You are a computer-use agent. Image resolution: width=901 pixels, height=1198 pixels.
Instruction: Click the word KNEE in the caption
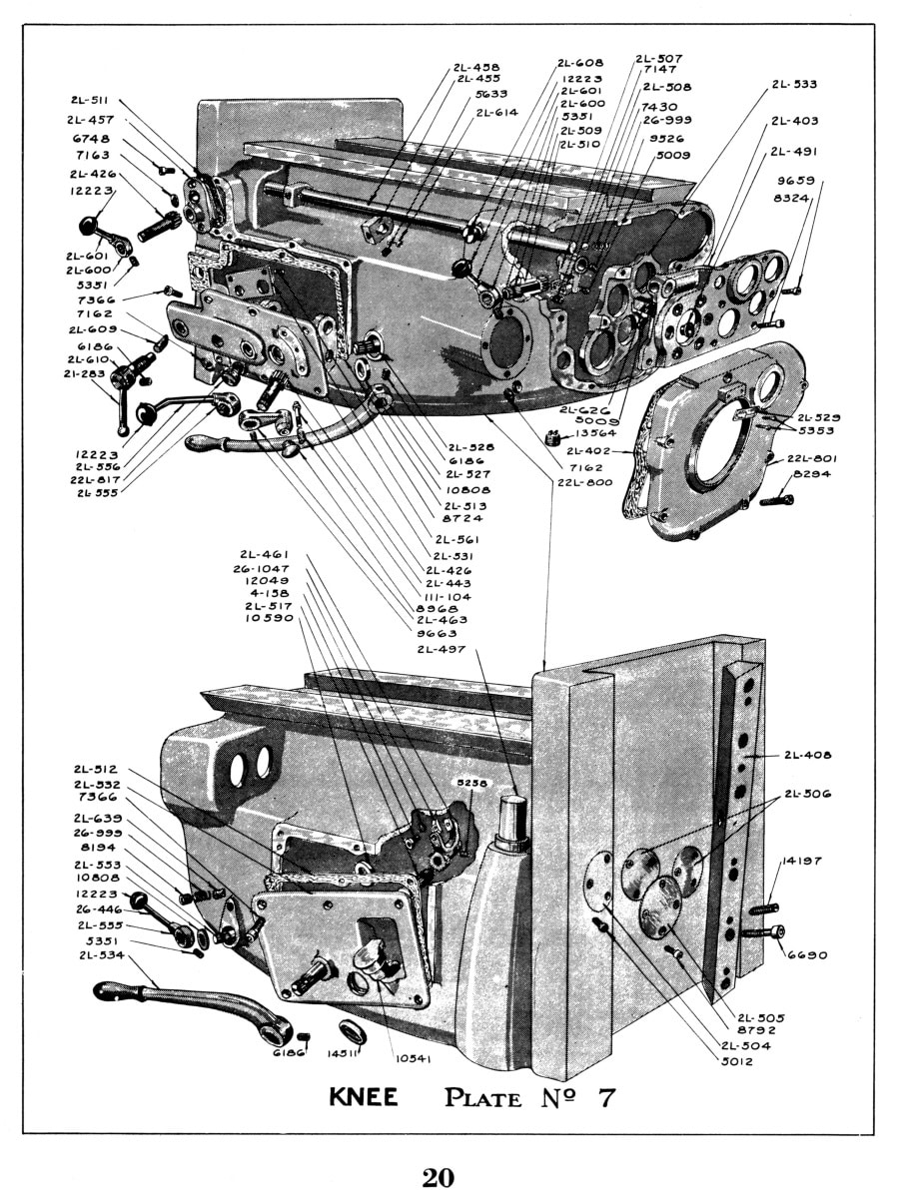coord(365,1097)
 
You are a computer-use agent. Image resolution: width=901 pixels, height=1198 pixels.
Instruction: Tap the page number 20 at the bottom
coord(438,1177)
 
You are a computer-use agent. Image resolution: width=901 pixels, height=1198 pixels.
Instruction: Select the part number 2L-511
coord(90,101)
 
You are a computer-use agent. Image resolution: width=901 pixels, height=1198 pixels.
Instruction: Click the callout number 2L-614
coord(496,112)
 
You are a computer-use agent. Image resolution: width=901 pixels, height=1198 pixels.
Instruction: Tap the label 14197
coord(800,860)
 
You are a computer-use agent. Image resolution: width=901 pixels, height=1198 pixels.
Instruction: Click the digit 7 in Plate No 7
coord(604,1097)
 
